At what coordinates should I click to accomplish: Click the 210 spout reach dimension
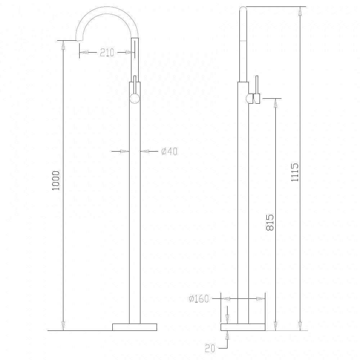107,53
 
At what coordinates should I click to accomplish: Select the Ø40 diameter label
168,152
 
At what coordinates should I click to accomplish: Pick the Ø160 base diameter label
198,298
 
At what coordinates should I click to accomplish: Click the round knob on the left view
135,99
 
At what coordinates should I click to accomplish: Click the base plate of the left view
135,327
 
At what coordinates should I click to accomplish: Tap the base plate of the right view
243,327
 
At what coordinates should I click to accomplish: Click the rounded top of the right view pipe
243,9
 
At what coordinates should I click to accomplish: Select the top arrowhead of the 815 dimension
275,103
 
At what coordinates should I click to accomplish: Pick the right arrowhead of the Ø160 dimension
261,298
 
